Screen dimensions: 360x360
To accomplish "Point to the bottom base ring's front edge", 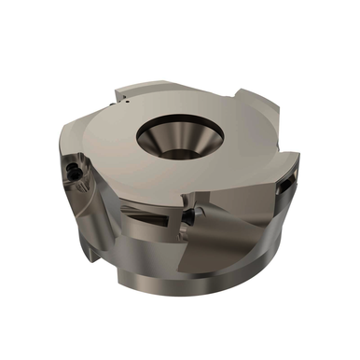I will [x=187, y=280].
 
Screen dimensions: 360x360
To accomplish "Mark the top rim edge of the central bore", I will [x=178, y=119].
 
